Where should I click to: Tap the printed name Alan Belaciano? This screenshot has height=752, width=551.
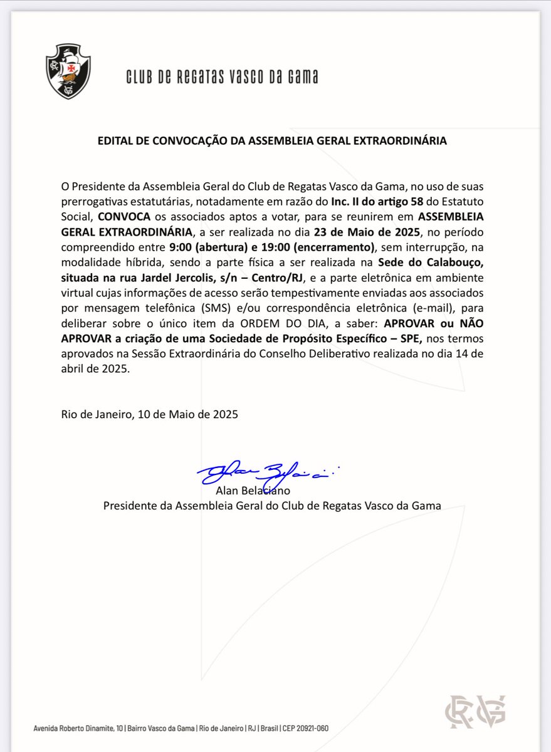(x=253, y=490)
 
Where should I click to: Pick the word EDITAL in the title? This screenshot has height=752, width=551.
(x=115, y=141)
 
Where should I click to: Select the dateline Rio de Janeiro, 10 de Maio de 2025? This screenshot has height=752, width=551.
(x=150, y=414)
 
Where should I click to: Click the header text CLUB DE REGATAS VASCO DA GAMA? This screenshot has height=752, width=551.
(x=222, y=76)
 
